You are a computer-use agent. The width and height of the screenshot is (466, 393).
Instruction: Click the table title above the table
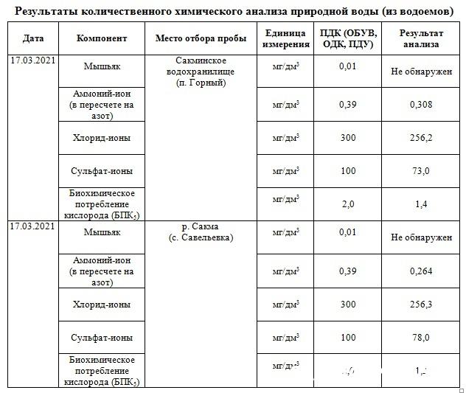[233, 12]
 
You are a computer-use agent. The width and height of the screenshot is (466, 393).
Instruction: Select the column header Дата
[32, 38]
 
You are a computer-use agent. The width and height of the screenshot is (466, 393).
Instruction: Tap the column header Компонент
[102, 38]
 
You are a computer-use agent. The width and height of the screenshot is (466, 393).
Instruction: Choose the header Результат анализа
[421, 38]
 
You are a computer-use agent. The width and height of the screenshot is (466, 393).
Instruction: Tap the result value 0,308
[421, 105]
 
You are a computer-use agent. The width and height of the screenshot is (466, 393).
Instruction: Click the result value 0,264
[421, 271]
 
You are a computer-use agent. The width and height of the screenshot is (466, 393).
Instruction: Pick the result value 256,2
[421, 137]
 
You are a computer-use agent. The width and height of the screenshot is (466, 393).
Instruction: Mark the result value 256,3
[421, 304]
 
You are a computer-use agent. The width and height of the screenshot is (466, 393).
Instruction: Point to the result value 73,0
[421, 170]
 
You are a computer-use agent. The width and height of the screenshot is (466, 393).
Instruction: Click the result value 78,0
[421, 337]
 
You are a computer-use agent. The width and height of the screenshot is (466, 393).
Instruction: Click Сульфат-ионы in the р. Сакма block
[102, 337]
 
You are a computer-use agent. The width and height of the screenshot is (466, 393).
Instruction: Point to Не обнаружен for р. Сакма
[421, 237]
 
